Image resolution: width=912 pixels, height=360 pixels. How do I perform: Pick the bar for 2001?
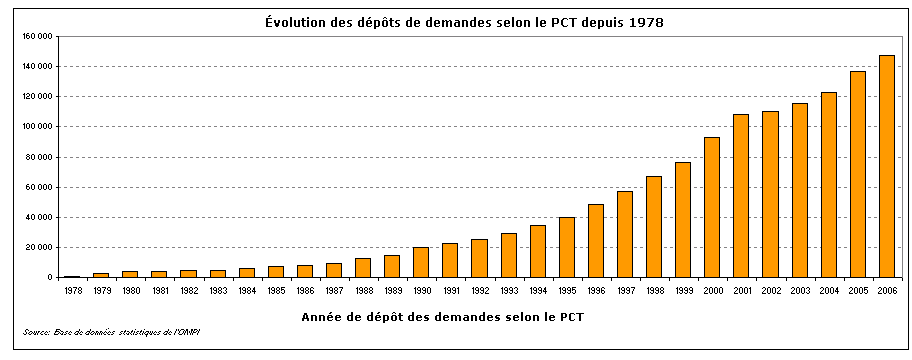[x=741, y=196]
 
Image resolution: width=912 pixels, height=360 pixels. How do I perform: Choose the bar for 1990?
[x=421, y=262]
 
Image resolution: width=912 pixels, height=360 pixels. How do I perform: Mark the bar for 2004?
[x=828, y=185]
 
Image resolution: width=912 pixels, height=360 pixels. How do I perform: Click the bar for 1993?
[x=508, y=255]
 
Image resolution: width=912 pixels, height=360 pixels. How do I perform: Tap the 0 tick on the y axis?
[x=49, y=277]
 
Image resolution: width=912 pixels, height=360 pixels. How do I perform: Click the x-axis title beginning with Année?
[x=442, y=317]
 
